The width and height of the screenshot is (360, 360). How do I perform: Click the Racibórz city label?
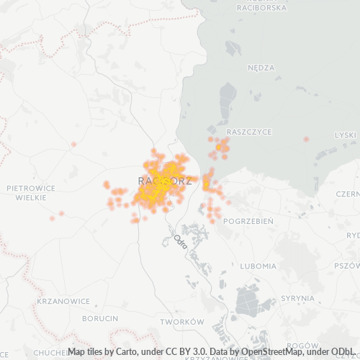(x=164, y=181)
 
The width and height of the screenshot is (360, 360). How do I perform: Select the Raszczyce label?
(x=248, y=132)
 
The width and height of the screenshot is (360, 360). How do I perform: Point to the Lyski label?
(x=346, y=135)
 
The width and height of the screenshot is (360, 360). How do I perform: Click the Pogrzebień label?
(x=248, y=221)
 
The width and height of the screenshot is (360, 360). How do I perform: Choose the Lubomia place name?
(x=258, y=266)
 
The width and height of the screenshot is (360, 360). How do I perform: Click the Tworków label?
(x=182, y=321)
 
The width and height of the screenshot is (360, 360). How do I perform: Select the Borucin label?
(x=100, y=318)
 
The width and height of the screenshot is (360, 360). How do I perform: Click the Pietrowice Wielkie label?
(x=30, y=192)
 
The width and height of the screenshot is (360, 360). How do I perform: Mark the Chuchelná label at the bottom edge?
(x=50, y=352)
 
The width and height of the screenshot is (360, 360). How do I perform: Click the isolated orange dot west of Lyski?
(x=306, y=139)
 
